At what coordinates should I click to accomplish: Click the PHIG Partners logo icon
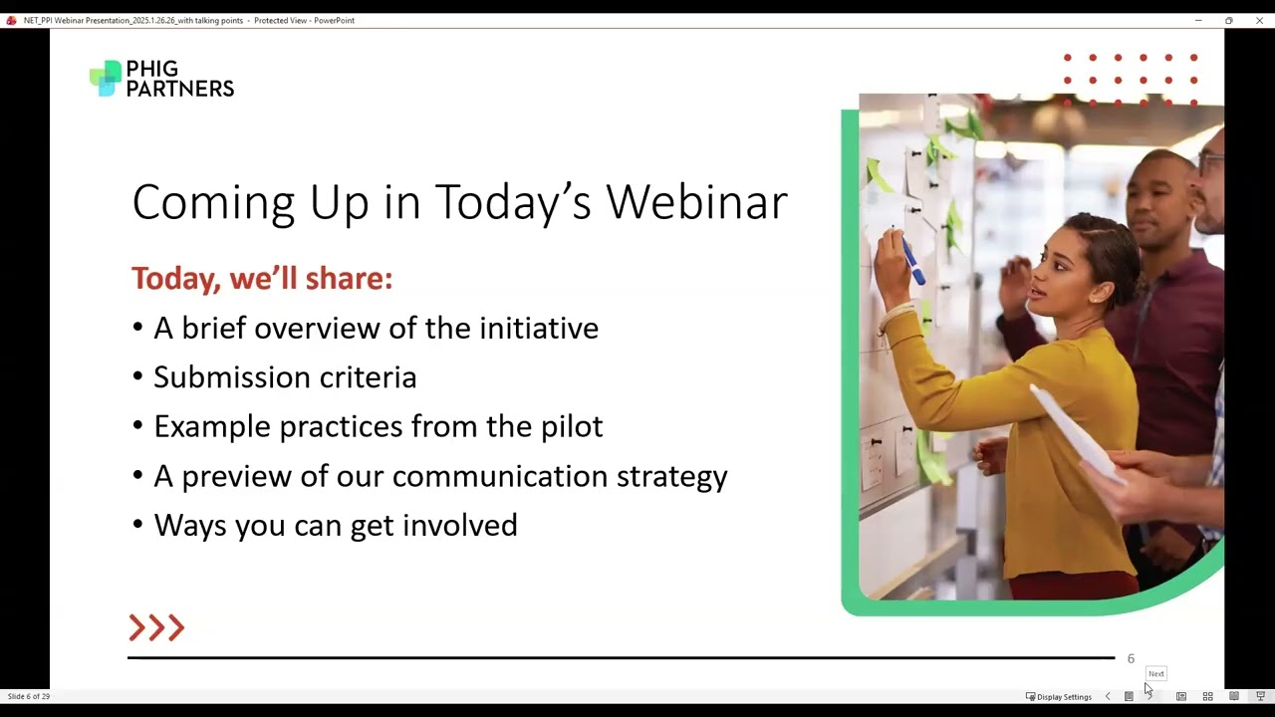click(105, 78)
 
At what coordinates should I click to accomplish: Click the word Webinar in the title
click(696, 202)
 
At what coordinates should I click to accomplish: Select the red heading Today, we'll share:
click(262, 278)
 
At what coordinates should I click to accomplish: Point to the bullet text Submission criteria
click(285, 377)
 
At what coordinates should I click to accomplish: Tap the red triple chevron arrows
click(156, 627)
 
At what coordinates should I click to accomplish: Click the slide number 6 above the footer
click(1131, 658)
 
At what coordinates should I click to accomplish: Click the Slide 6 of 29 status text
click(29, 696)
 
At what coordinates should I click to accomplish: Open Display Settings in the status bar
click(1059, 696)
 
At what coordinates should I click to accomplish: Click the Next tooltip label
click(1155, 673)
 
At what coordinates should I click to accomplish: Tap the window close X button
click(1259, 20)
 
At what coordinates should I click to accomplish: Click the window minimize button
click(1198, 20)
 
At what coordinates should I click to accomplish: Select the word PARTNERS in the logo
click(179, 89)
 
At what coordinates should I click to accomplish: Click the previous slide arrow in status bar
click(1108, 696)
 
